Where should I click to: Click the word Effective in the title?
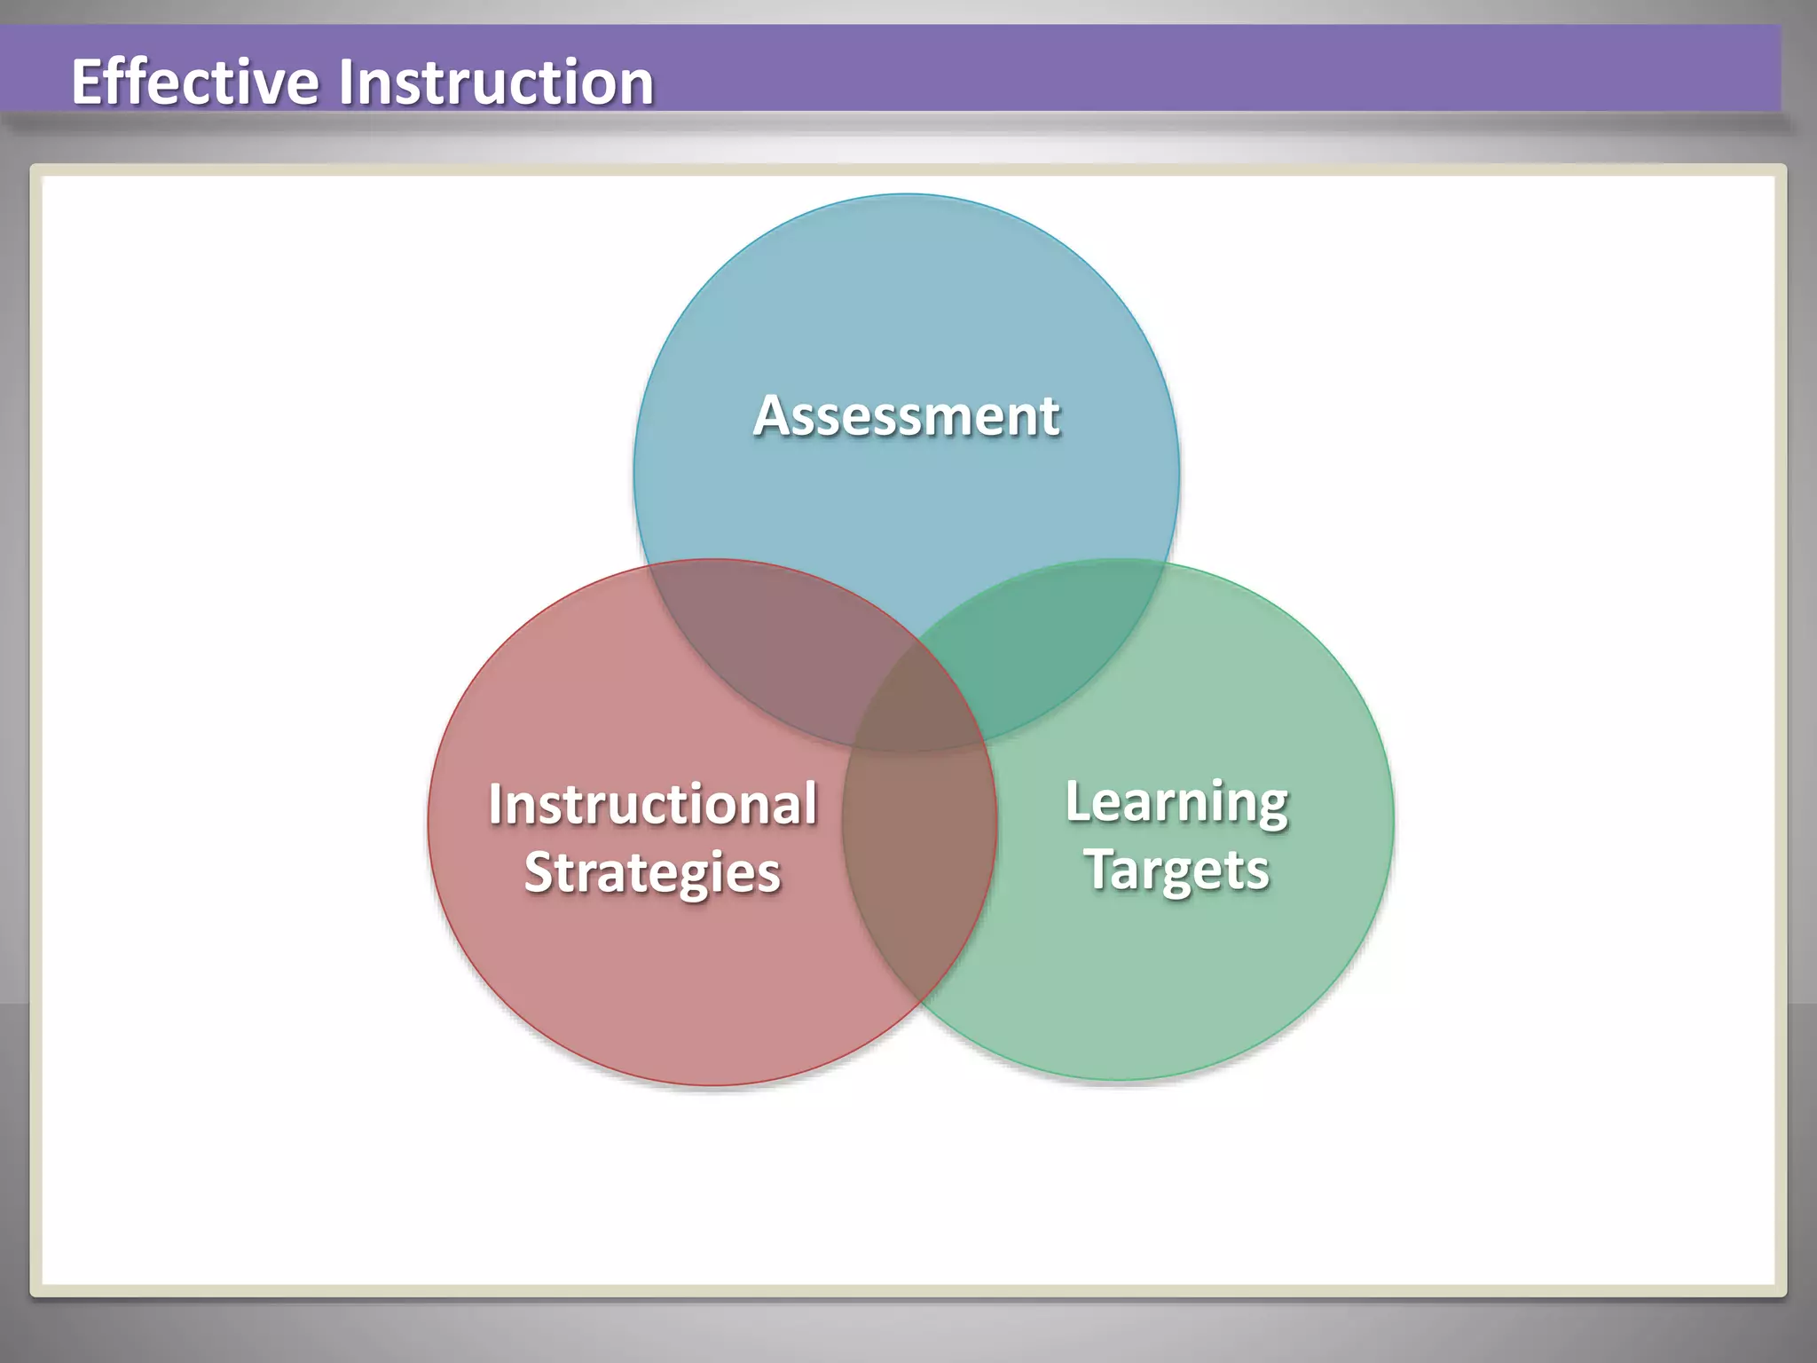pos(194,82)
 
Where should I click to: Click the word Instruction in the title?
pos(496,82)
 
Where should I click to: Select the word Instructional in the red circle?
pos(652,804)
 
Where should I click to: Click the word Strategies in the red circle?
pos(652,872)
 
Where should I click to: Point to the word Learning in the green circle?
pos(1176,803)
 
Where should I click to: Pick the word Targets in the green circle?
pos(1176,870)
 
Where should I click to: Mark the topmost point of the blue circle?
pos(906,194)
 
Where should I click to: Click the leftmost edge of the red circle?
pos(429,822)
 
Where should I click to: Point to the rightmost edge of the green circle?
pos(1393,819)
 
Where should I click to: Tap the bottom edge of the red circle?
pos(712,1084)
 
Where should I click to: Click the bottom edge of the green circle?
pos(1119,1080)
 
